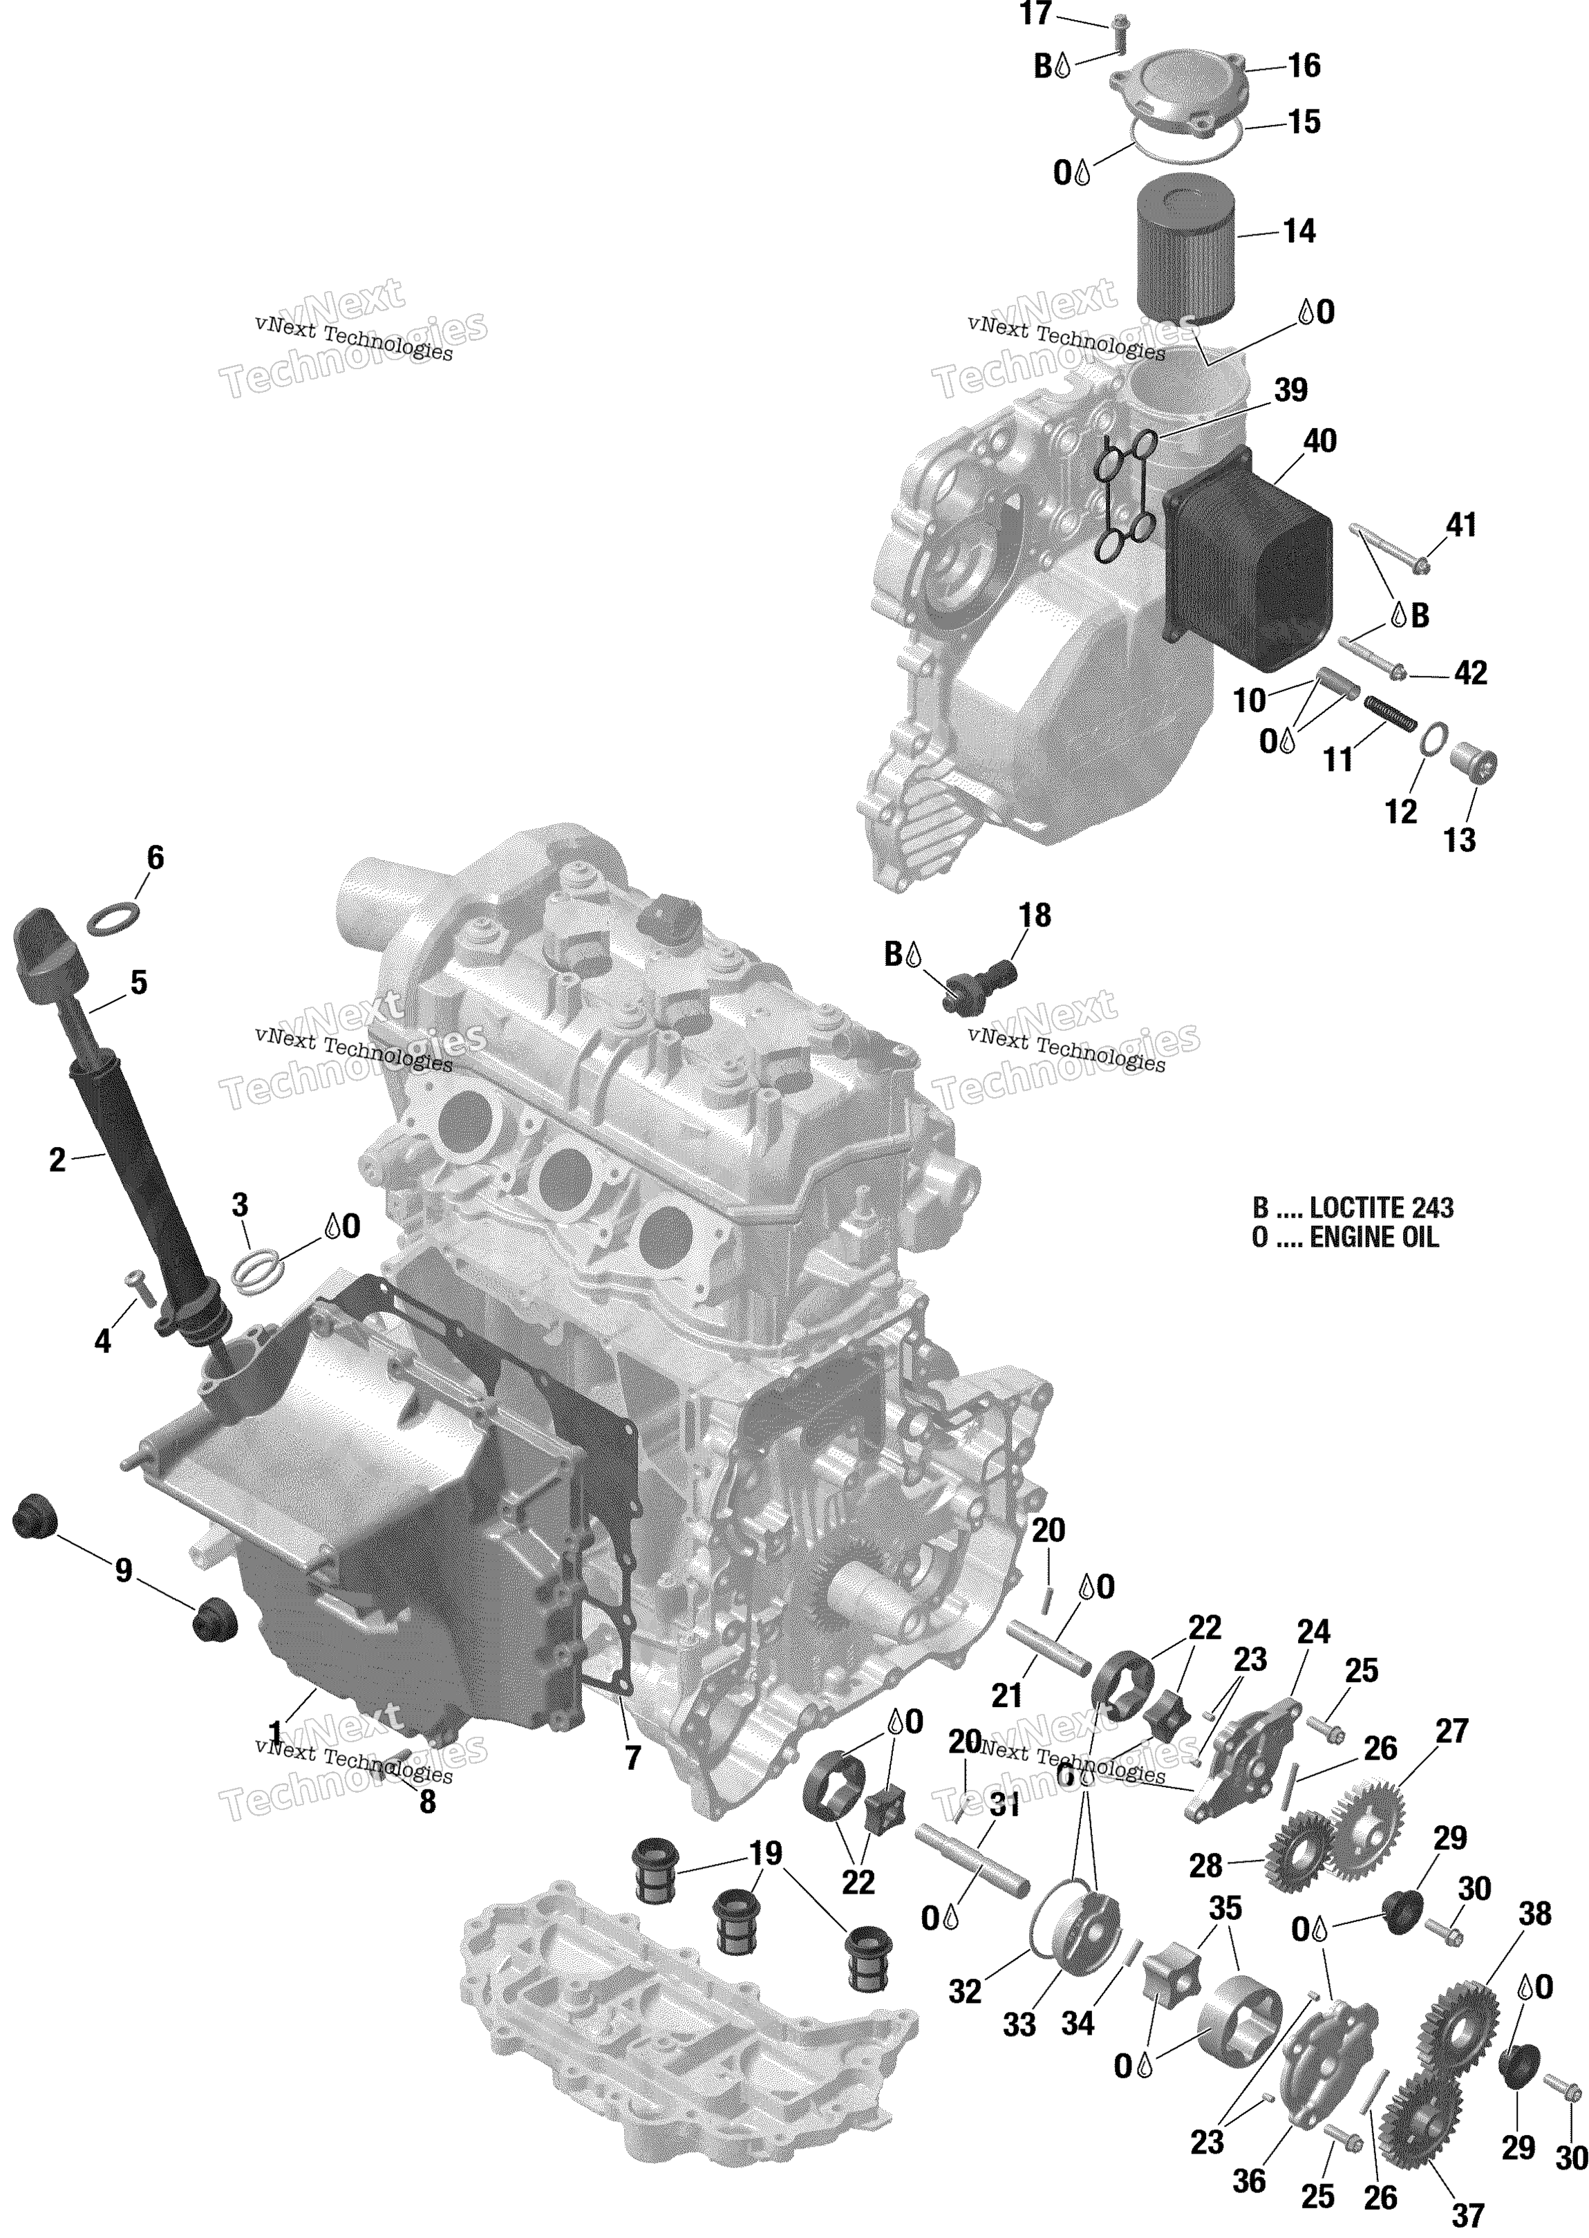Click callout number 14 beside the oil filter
[1299, 232]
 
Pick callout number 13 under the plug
[1459, 839]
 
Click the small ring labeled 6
[113, 918]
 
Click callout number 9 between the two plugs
[123, 1572]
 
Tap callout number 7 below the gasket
[633, 1758]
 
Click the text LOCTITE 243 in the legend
[1382, 1208]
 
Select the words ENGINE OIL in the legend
[1374, 1238]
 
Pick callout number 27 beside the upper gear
[1452, 1731]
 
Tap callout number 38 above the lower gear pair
[1535, 1914]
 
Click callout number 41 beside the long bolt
[1461, 525]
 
